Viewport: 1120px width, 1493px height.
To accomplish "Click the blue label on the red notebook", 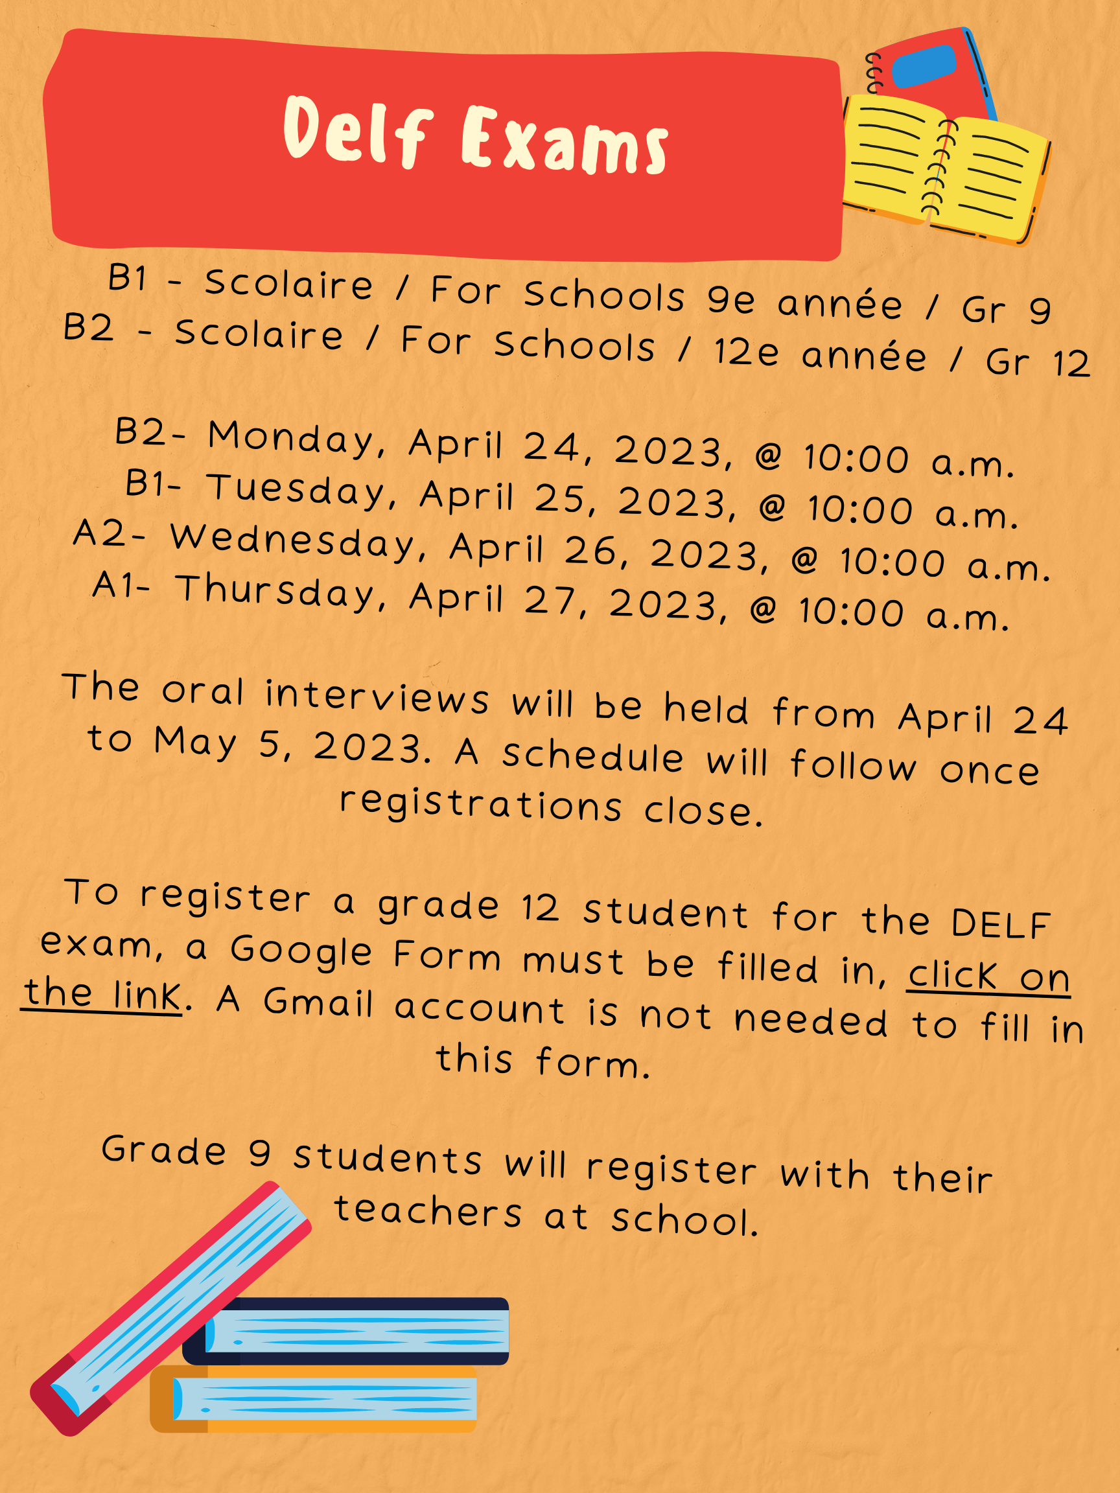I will tap(924, 66).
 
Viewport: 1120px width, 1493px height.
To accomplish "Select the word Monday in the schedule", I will tap(291, 439).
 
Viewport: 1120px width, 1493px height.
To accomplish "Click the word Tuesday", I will tap(296, 491).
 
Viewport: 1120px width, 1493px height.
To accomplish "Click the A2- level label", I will tap(109, 534).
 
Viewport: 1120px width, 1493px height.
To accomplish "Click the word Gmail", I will tap(318, 1002).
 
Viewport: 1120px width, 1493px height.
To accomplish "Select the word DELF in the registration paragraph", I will tap(1001, 925).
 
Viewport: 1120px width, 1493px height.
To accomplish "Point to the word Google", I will tap(301, 952).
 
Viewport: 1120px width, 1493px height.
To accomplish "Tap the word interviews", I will tap(377, 697).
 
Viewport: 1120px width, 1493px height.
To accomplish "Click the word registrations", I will tap(480, 805).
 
